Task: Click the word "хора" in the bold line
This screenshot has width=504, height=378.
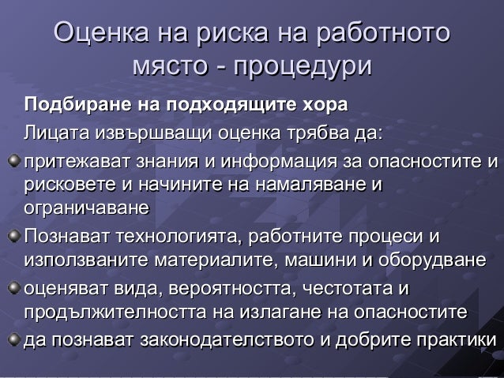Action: pyautogui.click(x=325, y=105)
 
